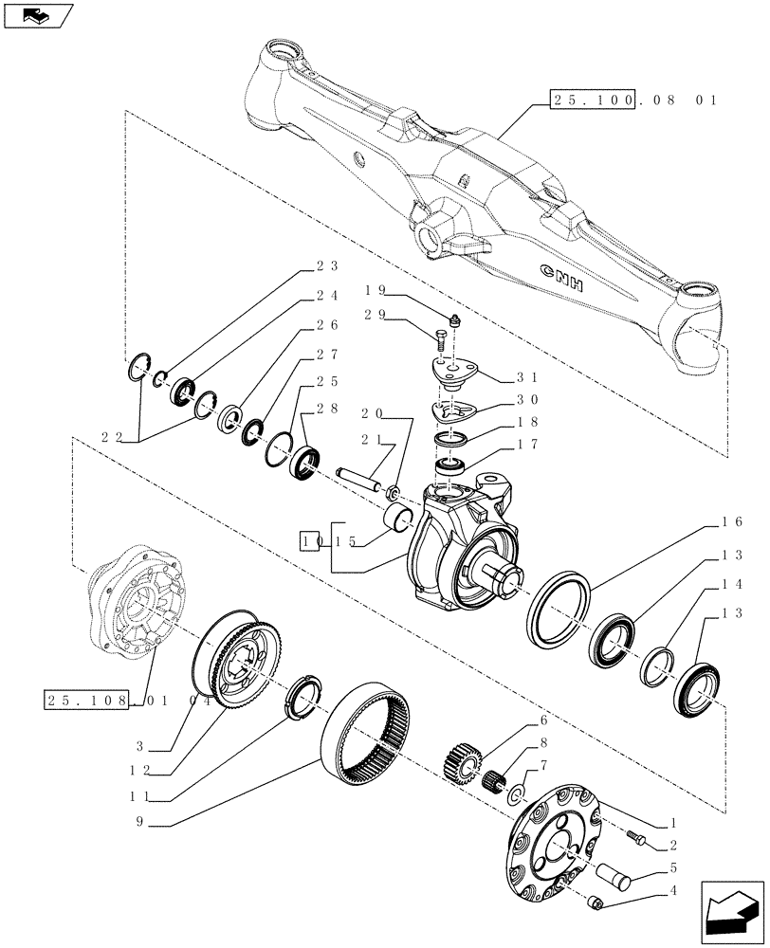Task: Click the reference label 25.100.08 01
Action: coord(633,99)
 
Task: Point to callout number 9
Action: coord(140,824)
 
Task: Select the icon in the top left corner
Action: coord(38,15)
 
